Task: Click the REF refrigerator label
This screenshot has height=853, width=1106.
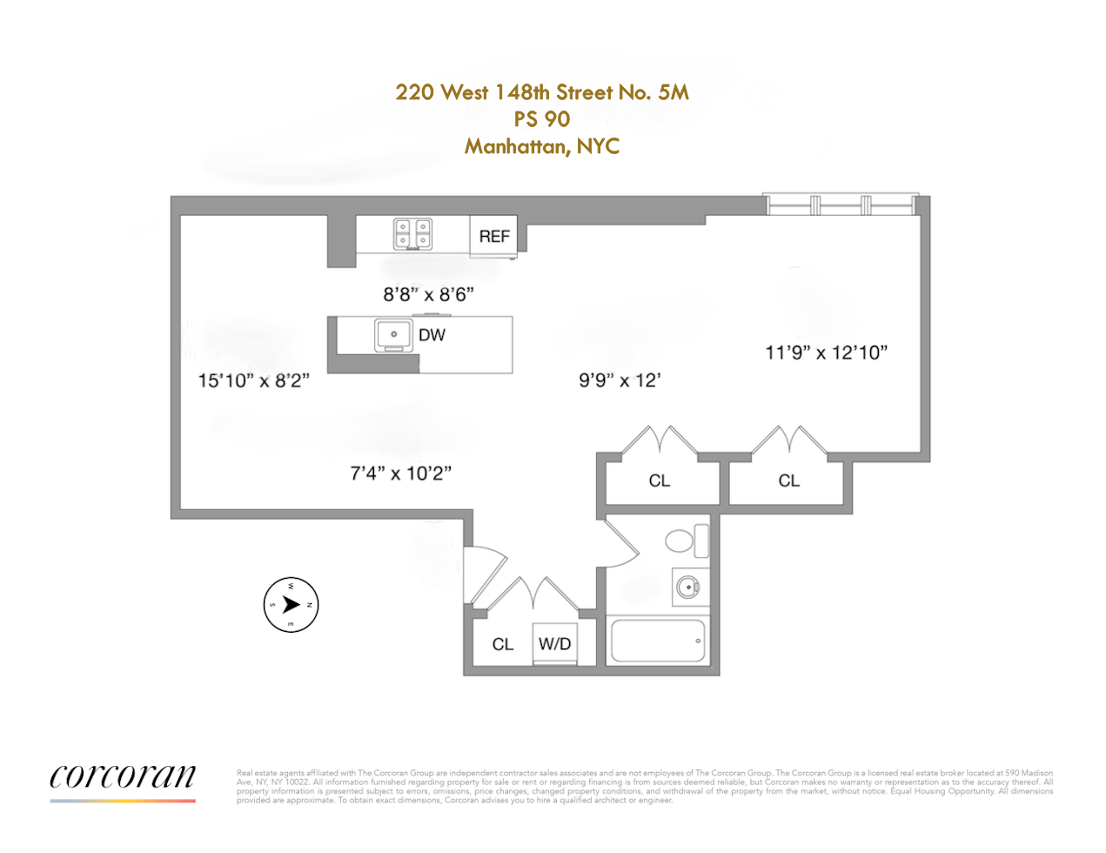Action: tap(494, 237)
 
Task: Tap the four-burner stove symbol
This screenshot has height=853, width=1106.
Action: tap(412, 233)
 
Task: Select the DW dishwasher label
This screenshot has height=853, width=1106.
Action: tap(432, 335)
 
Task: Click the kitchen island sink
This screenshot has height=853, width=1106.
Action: tap(393, 335)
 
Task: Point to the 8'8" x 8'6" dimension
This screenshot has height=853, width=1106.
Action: tap(428, 294)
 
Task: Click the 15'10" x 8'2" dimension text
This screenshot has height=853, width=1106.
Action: tap(253, 380)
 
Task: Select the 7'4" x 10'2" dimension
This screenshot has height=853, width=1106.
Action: tap(400, 474)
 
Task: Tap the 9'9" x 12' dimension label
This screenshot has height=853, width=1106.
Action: tap(620, 380)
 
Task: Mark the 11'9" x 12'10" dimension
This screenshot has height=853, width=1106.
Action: tap(826, 353)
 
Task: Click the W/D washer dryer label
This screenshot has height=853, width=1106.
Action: tap(554, 644)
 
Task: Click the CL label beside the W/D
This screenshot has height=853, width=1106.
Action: tap(502, 644)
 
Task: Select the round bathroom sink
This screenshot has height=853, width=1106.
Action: tap(688, 588)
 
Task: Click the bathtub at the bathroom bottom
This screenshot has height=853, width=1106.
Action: tap(658, 641)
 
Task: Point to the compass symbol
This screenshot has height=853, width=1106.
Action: tap(291, 604)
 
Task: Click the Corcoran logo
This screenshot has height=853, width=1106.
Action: tap(123, 776)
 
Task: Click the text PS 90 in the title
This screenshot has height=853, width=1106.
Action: tap(541, 119)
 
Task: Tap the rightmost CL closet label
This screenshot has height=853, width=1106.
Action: tap(788, 481)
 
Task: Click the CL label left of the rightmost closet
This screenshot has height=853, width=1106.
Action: tap(659, 481)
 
